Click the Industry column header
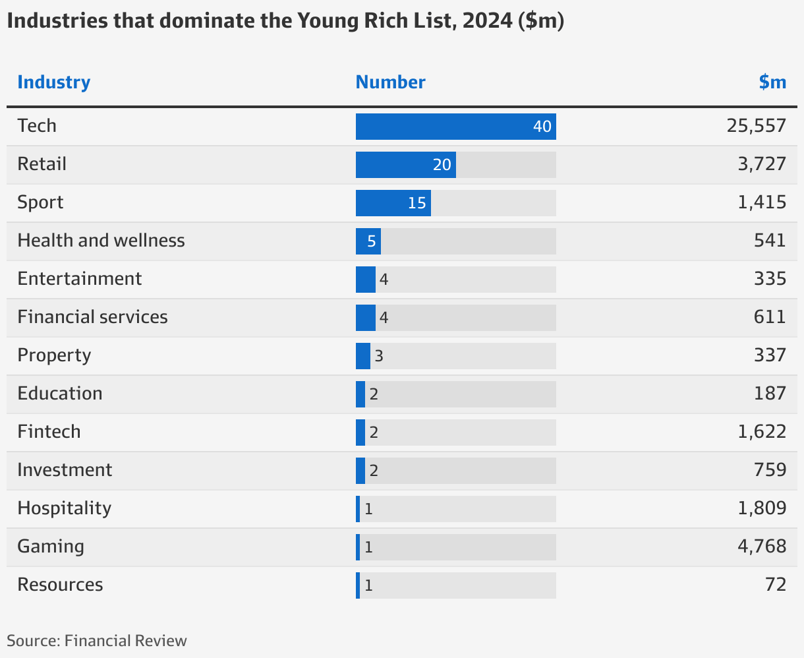[53, 82]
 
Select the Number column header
[390, 82]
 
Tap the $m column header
[772, 82]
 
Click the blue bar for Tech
[455, 127]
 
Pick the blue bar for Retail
[405, 165]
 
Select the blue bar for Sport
[393, 203]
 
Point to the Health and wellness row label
[101, 241]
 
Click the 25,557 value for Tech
[757, 126]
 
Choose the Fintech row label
[49, 432]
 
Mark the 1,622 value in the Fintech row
[762, 432]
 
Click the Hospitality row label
[64, 508]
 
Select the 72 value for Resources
[776, 585]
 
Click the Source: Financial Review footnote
[97, 641]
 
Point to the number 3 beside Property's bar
[379, 357]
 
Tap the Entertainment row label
[79, 279]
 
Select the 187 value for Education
[770, 394]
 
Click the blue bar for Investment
[360, 471]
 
